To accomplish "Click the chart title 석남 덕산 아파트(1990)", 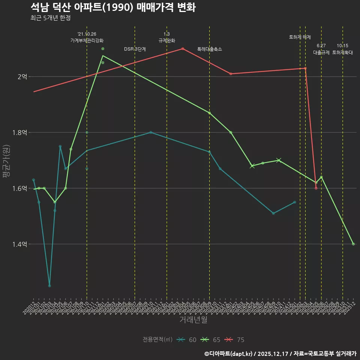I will pos(112,7).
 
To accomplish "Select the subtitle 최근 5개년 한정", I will pos(50,18).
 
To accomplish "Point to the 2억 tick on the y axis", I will pos(22,76).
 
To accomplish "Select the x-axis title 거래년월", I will pos(193,320).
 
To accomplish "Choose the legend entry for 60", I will pos(187,340).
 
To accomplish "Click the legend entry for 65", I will pos(211,340).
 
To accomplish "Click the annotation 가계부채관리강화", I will pos(87,40).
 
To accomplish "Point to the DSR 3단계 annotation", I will pos(135,49).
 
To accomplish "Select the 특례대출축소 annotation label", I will pos(210,49).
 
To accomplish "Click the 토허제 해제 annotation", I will pos(300,37).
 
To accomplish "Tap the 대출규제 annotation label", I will pos(321,53).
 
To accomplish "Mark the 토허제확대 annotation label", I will pos(343,53).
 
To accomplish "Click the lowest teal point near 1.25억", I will pos(49,286).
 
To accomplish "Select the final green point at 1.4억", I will pos(353,244).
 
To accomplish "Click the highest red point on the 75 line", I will pos(183,48).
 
